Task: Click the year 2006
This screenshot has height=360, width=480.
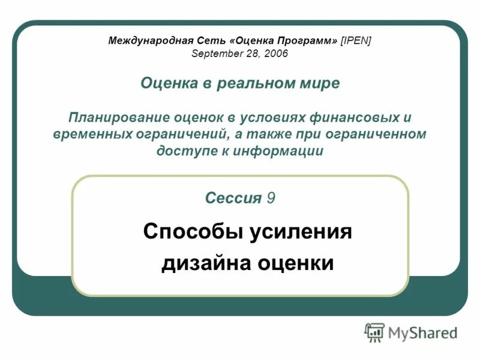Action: tap(276, 54)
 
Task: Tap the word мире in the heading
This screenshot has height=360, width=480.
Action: tap(319, 83)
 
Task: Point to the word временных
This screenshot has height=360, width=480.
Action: tap(92, 134)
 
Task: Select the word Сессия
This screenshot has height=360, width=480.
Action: tap(233, 198)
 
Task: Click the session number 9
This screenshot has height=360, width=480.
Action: tap(272, 198)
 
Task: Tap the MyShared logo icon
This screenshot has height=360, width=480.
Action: tap(374, 332)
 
